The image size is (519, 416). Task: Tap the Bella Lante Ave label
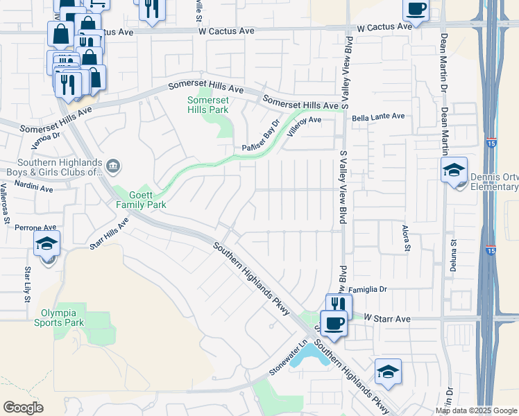coord(378,117)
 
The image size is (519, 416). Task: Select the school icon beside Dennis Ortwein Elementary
coord(454,169)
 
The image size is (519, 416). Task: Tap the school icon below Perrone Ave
coord(47,243)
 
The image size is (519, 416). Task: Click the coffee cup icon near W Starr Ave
coord(334,323)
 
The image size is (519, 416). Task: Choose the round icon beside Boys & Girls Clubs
coord(114,166)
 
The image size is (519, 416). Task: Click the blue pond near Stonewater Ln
coord(309,357)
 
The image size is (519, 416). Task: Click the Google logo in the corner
coord(23,408)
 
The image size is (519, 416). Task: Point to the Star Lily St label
coord(28,283)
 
